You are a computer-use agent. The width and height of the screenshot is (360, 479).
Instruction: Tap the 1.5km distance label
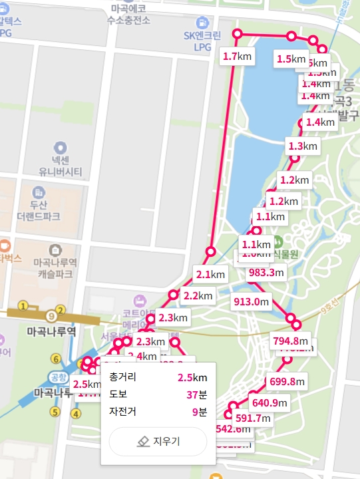click(291, 59)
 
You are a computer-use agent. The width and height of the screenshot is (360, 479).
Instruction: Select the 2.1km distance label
click(211, 273)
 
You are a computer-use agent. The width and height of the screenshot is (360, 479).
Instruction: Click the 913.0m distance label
click(251, 301)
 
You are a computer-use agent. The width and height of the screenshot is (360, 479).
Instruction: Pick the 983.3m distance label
click(266, 272)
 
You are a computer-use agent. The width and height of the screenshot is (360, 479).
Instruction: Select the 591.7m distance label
click(253, 418)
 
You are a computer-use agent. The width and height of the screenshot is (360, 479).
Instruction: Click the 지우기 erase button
click(158, 441)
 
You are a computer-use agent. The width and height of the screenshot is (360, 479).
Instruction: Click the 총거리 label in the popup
click(122, 378)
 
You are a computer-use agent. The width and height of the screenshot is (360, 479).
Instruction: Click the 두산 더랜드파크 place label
click(39, 211)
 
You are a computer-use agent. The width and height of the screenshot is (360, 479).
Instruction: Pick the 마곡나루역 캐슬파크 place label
click(55, 268)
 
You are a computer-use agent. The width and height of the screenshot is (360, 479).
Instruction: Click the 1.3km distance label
click(303, 146)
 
